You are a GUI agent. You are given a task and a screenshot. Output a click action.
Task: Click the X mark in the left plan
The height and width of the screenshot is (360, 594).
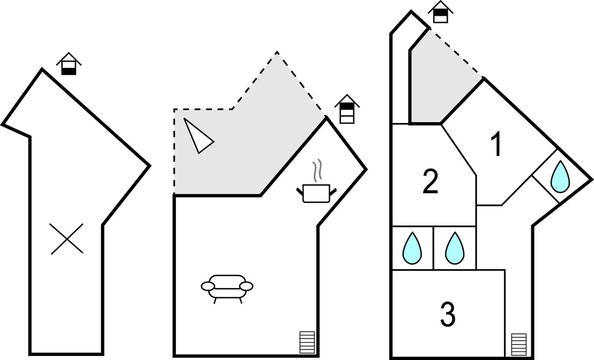pyautogui.click(x=67, y=239)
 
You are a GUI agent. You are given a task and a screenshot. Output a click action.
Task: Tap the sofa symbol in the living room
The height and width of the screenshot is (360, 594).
pyautogui.click(x=227, y=286)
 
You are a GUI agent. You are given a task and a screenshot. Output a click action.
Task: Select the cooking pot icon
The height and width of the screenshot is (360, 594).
pyautogui.click(x=316, y=192)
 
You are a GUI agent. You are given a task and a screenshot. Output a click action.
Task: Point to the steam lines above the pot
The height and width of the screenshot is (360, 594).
pyautogui.click(x=317, y=170)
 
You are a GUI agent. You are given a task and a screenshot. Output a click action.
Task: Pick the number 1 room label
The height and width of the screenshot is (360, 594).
pyautogui.click(x=496, y=144)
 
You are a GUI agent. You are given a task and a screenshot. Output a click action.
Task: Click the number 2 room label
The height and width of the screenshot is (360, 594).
pyautogui.click(x=430, y=182)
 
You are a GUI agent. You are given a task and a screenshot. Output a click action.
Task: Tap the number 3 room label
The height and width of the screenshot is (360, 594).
pyautogui.click(x=447, y=314)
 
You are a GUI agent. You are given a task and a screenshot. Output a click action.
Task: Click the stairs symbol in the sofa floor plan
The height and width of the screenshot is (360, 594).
pyautogui.click(x=307, y=342)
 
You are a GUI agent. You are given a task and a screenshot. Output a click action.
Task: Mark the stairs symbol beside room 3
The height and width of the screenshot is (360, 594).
pyautogui.click(x=519, y=344)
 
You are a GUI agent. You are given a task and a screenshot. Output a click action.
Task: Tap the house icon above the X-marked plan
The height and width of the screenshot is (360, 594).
pyautogui.click(x=69, y=64)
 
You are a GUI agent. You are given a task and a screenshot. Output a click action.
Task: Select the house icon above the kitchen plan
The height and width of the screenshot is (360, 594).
pyautogui.click(x=347, y=108)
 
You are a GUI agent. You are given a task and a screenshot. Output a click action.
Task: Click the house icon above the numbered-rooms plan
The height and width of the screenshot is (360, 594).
pyautogui.click(x=441, y=12)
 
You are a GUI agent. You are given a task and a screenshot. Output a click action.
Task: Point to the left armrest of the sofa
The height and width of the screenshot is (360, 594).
pyautogui.click(x=208, y=286)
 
